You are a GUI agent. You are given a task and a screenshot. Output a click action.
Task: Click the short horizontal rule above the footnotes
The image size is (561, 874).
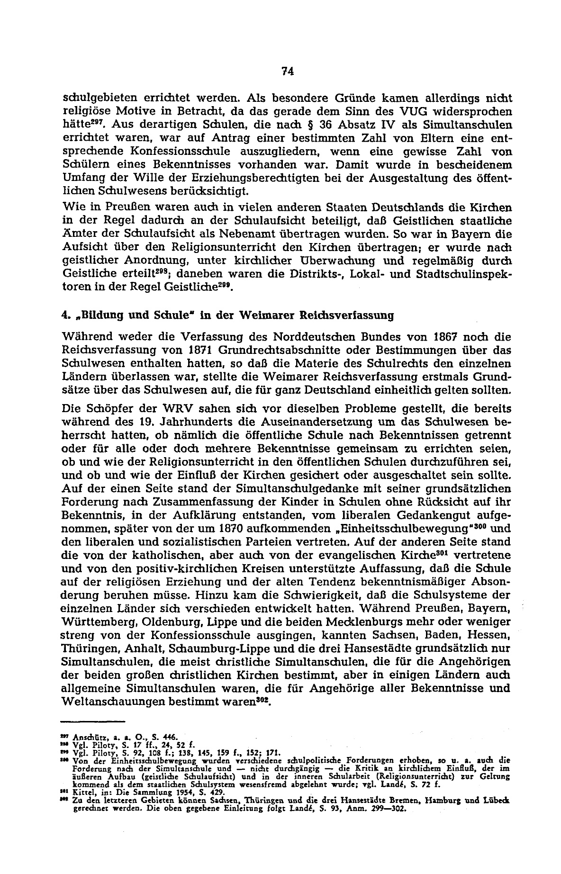coord(93,721)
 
